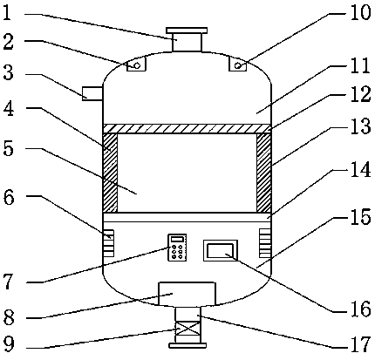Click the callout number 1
tap(7, 13)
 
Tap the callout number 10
tap(360, 12)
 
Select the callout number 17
tap(360, 344)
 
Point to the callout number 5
tap(8, 149)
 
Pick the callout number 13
tap(360, 126)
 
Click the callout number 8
tap(9, 317)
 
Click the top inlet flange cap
tap(187, 31)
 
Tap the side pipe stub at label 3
tap(92, 93)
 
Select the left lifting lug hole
tap(137, 66)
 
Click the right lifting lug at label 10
tap(237, 64)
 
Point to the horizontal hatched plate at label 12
tap(187, 129)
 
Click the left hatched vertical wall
tap(111, 173)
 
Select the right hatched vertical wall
tap(264, 173)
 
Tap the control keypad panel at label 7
tap(177, 248)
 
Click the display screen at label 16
tap(221, 251)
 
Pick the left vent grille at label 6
tap(108, 243)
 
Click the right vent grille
tap(265, 243)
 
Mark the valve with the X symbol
tap(187, 329)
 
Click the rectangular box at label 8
tap(187, 294)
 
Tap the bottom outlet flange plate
tap(187, 345)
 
